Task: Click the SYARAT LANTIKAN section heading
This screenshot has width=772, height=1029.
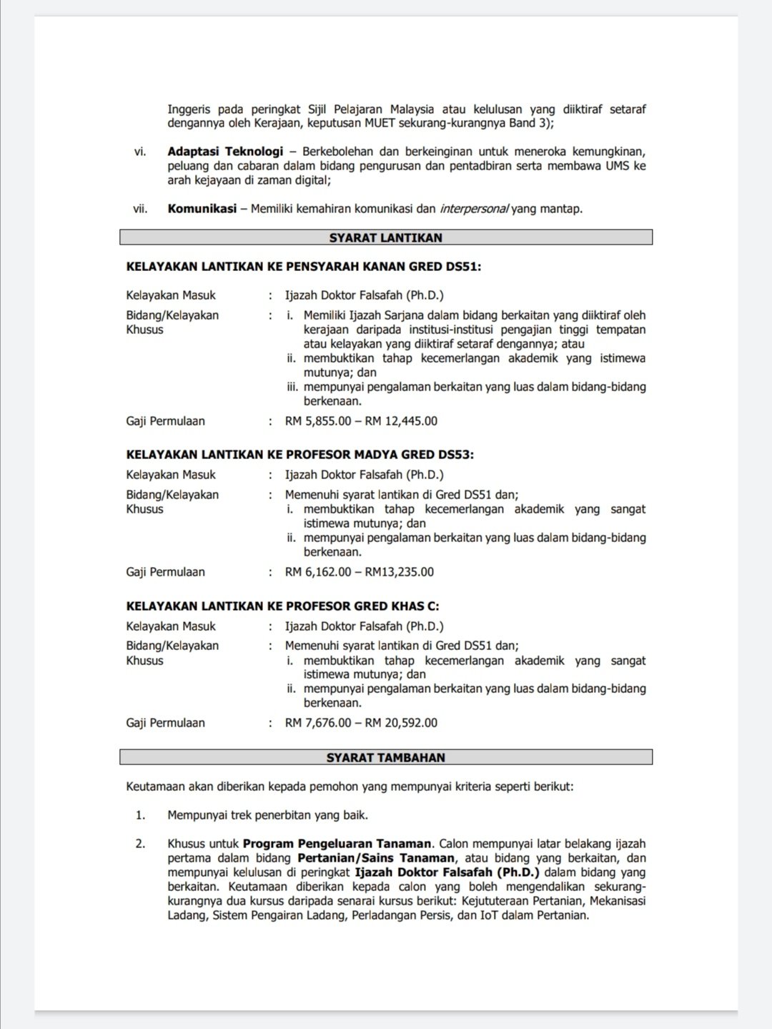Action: [x=385, y=237]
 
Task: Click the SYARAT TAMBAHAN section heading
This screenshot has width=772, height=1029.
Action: [x=385, y=757]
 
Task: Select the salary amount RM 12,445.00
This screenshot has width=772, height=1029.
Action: [x=401, y=421]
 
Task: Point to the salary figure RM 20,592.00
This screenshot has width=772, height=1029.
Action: [x=401, y=723]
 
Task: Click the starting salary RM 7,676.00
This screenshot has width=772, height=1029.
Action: [x=318, y=723]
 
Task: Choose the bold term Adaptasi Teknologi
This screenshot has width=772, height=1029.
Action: [x=225, y=152]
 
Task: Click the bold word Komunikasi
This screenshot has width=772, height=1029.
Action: [x=202, y=209]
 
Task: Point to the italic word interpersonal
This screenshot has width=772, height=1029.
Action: [x=474, y=209]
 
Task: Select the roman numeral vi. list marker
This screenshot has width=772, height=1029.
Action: [x=140, y=152]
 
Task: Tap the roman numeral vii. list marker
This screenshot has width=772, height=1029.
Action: [x=140, y=209]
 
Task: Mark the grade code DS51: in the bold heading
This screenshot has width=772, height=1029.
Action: [x=463, y=267]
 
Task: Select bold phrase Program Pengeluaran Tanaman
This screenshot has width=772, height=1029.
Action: [x=337, y=844]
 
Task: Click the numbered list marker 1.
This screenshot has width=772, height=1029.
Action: [x=140, y=815]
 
